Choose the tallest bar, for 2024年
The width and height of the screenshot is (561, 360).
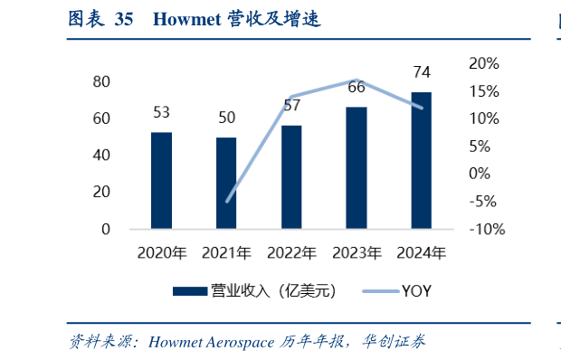(x=422, y=160)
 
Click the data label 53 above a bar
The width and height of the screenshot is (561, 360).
(x=161, y=113)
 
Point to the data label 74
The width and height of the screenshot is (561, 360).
(x=422, y=72)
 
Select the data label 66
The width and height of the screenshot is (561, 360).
(x=357, y=88)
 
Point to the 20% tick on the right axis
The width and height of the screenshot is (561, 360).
(x=483, y=63)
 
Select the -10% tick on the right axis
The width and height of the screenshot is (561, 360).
(x=486, y=229)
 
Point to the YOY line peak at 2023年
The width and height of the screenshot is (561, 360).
(x=357, y=80)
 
